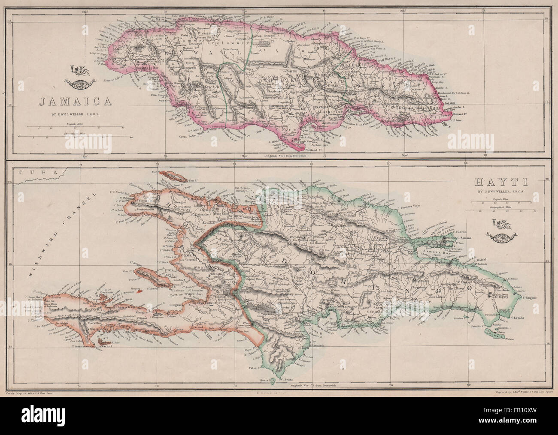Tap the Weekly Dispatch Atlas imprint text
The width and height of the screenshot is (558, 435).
(31, 405)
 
